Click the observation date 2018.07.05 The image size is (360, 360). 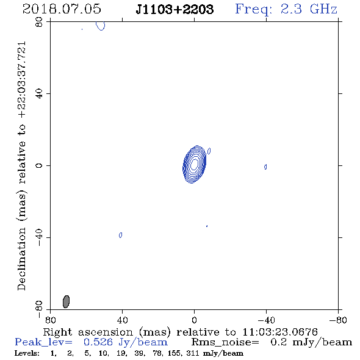click(62, 9)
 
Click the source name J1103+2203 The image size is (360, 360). click(175, 9)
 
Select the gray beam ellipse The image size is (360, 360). click(66, 301)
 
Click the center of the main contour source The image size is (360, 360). click(194, 164)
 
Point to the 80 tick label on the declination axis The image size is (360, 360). click(39, 22)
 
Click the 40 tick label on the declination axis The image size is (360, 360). click(39, 94)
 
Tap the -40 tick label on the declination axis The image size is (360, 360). click(39, 237)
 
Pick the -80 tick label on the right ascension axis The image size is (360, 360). click(338, 320)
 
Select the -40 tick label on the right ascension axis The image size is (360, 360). click(266, 320)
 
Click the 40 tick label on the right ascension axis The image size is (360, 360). click(123, 320)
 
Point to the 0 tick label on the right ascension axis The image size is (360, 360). click(194, 320)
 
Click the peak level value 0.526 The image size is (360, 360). click(98, 342)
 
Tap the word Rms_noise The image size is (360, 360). click(225, 342)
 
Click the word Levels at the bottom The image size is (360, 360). click(27, 353)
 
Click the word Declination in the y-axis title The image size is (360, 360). click(21, 259)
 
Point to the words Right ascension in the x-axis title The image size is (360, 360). click(88, 332)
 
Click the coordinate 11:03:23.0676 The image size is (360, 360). click(280, 332)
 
